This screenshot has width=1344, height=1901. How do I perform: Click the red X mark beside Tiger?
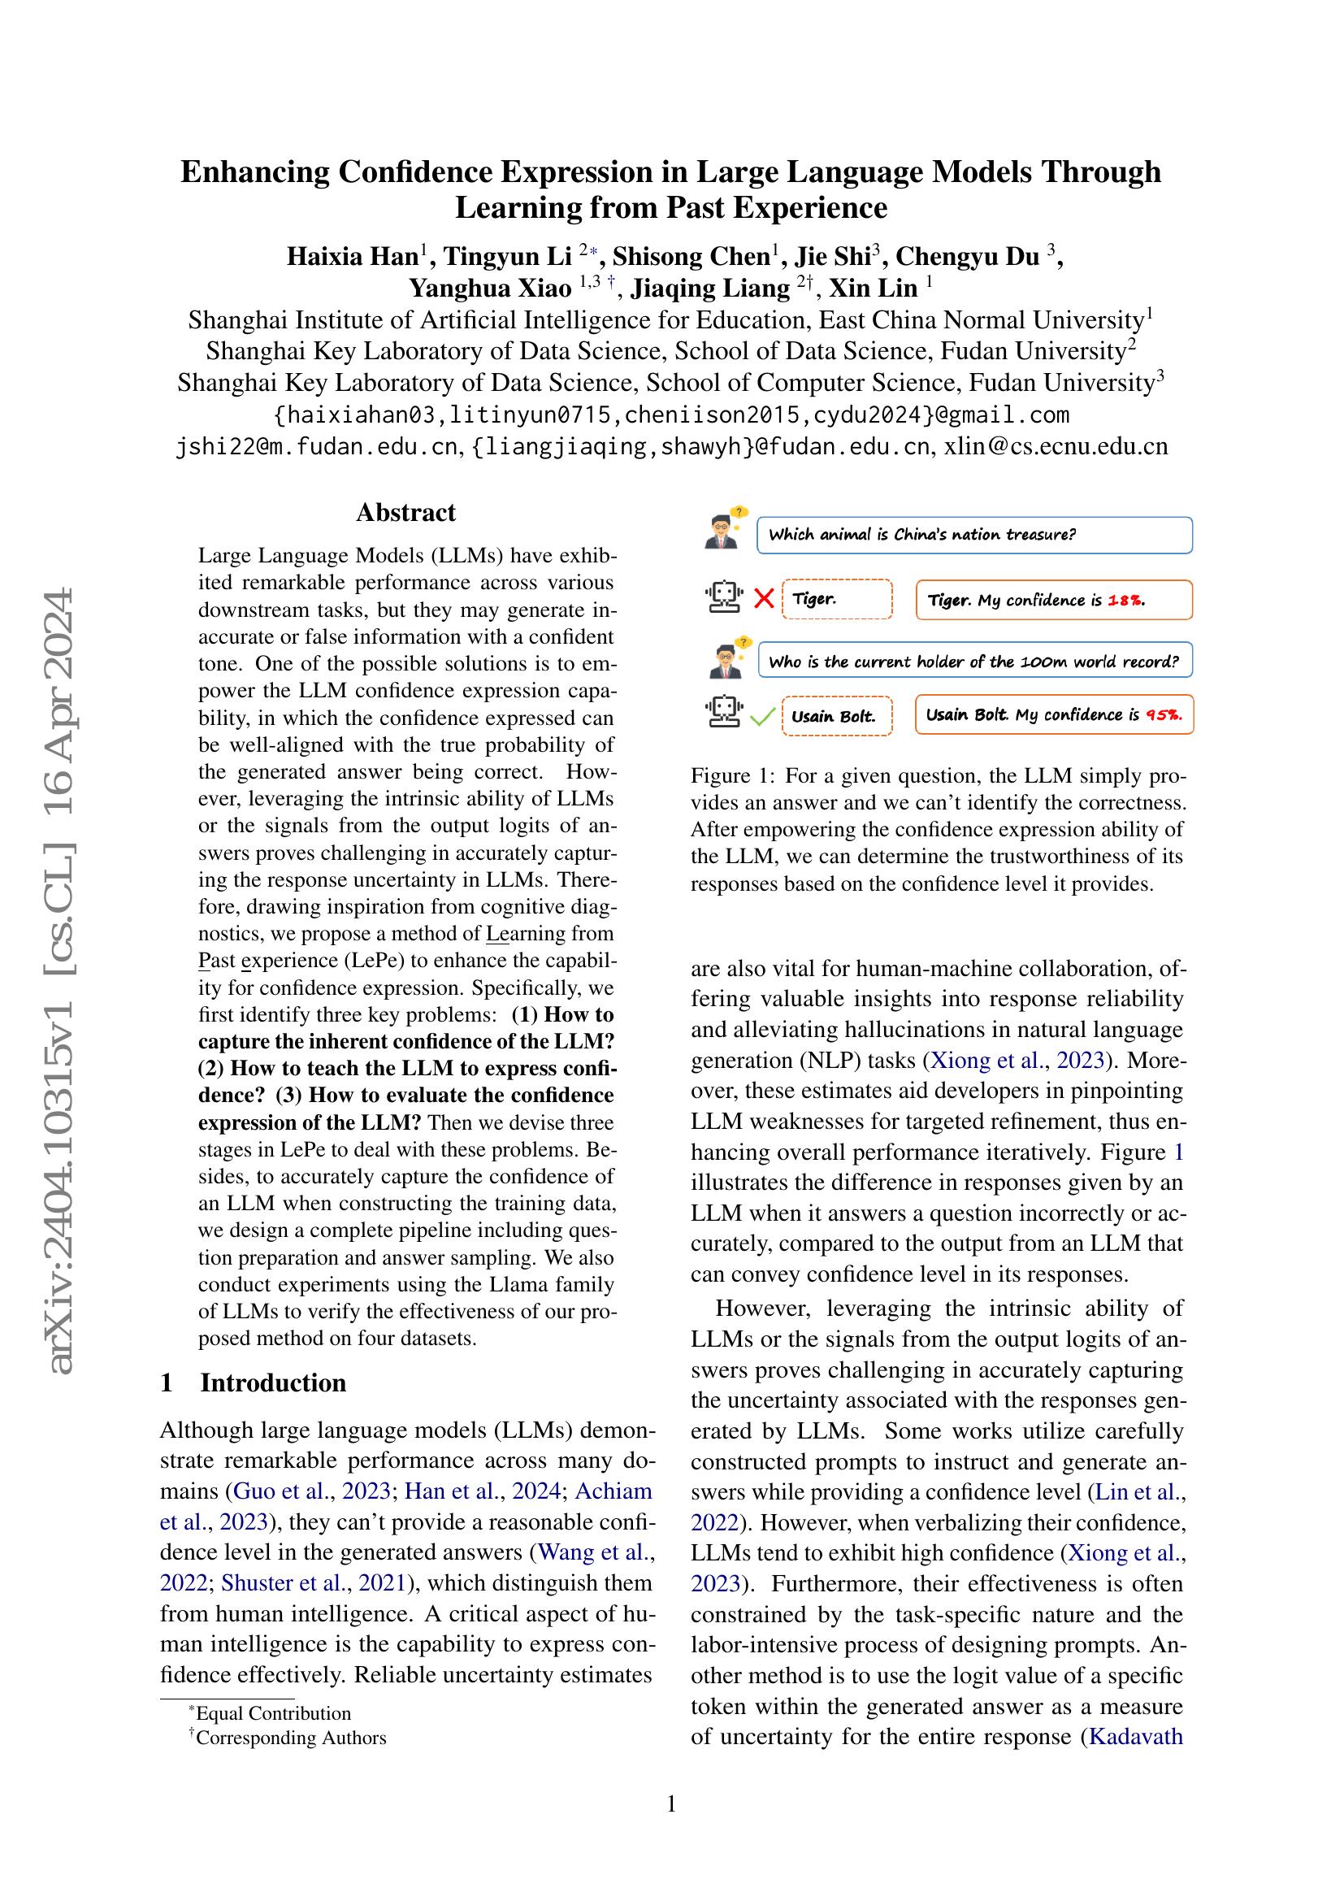coord(764,599)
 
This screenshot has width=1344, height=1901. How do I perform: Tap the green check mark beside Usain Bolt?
coord(761,716)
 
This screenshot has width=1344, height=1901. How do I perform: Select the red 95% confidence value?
coord(1164,715)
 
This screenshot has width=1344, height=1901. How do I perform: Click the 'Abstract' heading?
coord(405,513)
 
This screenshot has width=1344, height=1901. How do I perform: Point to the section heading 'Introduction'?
coord(272,1382)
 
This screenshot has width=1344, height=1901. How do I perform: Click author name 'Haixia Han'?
coord(353,257)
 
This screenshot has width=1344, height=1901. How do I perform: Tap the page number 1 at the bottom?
coord(671,1803)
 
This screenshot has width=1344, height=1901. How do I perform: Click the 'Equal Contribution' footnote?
coord(272,1713)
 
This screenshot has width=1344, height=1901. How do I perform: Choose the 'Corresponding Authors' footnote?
coord(289,1737)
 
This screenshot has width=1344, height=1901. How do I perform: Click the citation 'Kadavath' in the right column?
coord(1135,1736)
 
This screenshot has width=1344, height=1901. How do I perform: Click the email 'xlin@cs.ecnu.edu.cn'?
coord(1056,447)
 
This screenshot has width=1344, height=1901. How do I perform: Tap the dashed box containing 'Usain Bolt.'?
coord(836,716)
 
